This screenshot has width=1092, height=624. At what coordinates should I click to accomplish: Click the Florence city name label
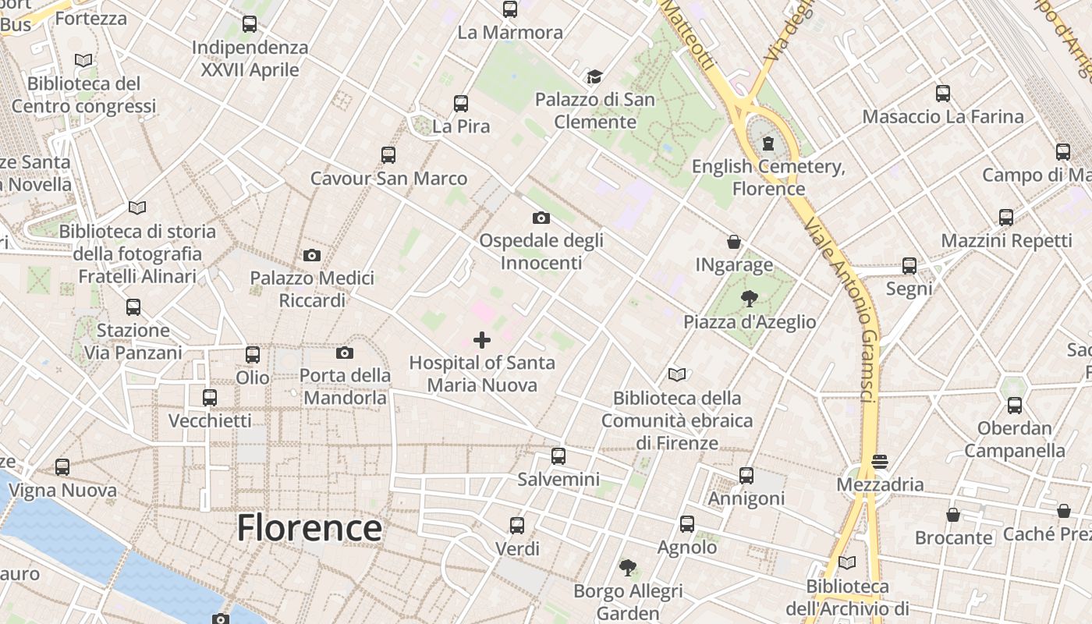(310, 528)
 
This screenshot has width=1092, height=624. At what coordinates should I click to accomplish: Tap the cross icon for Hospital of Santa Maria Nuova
(482, 340)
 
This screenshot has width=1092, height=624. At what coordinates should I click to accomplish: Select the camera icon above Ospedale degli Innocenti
(541, 218)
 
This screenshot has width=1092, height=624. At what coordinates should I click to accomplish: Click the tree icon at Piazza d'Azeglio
(749, 299)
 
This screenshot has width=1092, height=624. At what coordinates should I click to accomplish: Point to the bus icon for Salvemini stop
(558, 456)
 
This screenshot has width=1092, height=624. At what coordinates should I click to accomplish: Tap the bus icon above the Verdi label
(516, 526)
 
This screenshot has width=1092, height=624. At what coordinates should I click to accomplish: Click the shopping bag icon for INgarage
(733, 242)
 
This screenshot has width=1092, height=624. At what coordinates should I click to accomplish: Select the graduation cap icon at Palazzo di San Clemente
(595, 76)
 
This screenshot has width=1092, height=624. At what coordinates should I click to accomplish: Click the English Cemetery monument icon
(768, 144)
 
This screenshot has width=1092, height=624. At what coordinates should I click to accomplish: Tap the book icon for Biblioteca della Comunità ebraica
(677, 375)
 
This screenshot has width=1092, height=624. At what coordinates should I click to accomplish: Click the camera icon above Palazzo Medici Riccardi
(311, 256)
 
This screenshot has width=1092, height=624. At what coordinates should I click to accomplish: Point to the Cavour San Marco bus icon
(388, 154)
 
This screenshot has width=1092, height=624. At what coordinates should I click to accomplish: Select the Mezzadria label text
(879, 484)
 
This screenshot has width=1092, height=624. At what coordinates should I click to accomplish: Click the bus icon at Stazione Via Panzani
(133, 307)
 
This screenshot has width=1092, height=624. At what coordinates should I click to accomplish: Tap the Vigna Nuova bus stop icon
(62, 467)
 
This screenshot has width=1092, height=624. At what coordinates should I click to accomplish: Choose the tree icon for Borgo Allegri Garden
(627, 567)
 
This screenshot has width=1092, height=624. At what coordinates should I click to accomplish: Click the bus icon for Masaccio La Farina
(942, 94)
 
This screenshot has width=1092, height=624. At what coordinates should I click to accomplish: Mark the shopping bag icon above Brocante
(952, 515)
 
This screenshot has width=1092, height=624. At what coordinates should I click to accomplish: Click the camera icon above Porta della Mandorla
(344, 353)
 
